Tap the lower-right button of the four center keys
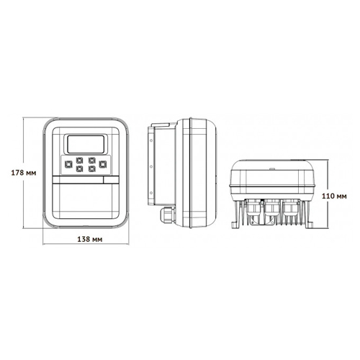(91, 169)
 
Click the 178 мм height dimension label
(17, 172)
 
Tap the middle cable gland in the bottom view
(271, 210)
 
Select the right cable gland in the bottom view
(290, 210)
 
